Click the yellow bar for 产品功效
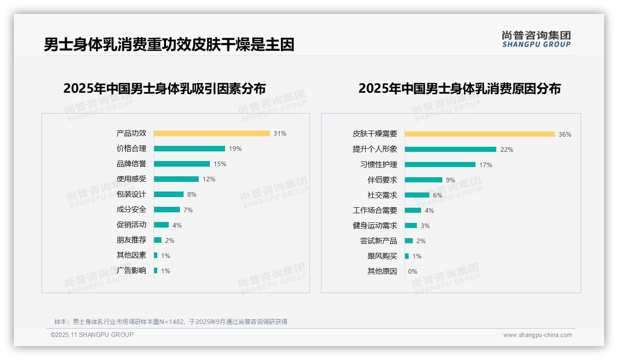click(212, 133)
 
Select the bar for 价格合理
click(189, 149)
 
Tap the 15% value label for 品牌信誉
click(220, 164)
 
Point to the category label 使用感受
click(131, 179)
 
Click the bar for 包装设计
click(169, 194)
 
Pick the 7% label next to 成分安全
click(188, 210)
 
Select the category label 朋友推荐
click(131, 240)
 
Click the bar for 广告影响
click(156, 270)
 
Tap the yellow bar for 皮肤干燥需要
click(480, 134)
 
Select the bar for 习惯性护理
click(440, 165)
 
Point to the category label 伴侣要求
click(382, 180)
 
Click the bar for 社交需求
click(417, 195)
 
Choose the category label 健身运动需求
click(374, 226)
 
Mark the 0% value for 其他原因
click(413, 271)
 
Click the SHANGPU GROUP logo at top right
click(536, 39)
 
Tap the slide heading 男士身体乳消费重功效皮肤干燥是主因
click(169, 45)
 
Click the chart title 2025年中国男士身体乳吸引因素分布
click(165, 88)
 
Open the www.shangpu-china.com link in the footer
click(537, 335)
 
